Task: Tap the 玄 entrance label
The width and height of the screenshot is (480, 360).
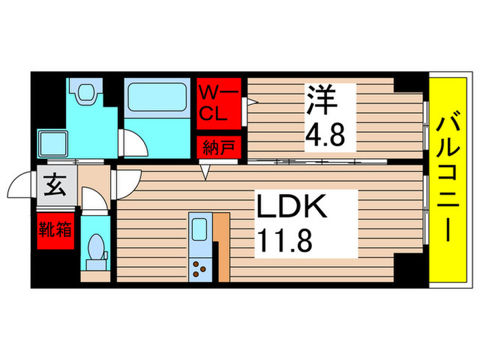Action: (x=54, y=186)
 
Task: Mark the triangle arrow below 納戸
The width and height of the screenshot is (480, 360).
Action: (x=204, y=172)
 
